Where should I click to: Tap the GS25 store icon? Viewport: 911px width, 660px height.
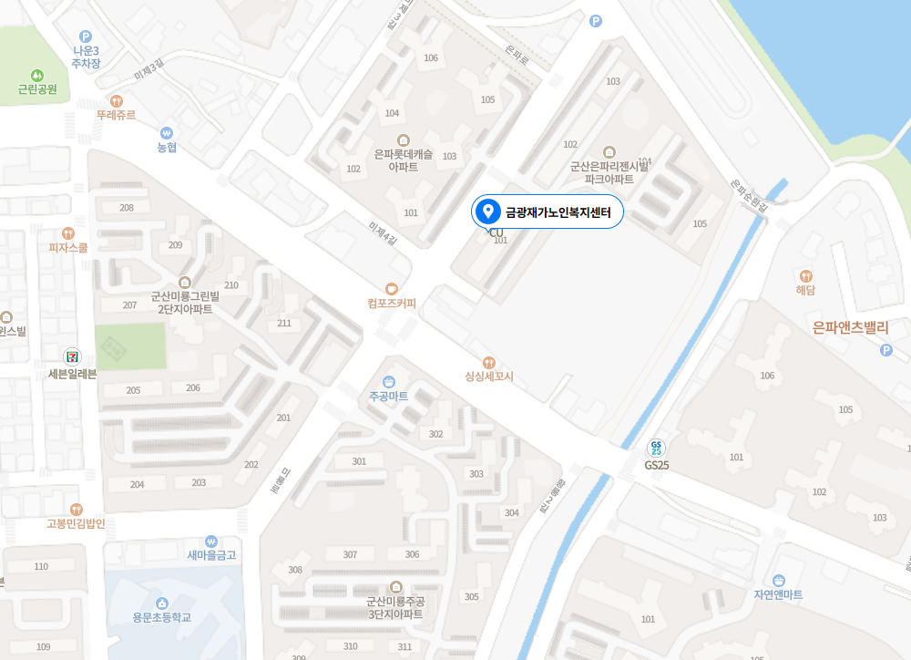(x=656, y=448)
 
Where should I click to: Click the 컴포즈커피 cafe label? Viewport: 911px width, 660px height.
(x=392, y=303)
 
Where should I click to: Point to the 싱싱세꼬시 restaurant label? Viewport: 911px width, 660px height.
(x=489, y=376)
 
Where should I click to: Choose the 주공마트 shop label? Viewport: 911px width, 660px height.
(x=389, y=397)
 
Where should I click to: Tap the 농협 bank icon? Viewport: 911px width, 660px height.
(x=166, y=132)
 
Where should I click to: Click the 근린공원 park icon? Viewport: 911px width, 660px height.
(x=37, y=75)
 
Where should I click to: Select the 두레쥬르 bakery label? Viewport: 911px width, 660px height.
(x=116, y=115)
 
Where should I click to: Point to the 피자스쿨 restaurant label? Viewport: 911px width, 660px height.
(x=68, y=247)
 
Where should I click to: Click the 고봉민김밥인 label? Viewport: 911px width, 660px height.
(x=77, y=523)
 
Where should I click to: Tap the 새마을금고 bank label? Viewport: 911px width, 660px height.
(x=211, y=554)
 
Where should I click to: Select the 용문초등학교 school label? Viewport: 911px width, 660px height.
(x=162, y=617)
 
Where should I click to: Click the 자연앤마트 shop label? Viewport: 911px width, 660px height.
(x=778, y=594)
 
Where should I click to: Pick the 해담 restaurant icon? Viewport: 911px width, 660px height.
(x=805, y=275)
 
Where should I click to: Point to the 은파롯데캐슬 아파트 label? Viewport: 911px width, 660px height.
(x=404, y=160)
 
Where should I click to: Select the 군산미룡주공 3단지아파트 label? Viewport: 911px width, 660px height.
(x=394, y=607)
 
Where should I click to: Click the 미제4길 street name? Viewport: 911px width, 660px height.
(x=384, y=232)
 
